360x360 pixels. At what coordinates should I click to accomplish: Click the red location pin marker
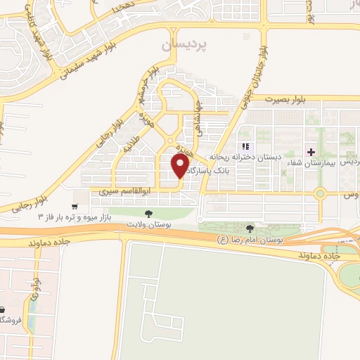(180, 166)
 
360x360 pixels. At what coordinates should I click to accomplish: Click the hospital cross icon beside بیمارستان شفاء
(311, 152)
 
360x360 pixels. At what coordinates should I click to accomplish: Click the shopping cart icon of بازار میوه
(75, 206)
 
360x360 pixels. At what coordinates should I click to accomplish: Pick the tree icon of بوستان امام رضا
(251, 228)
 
